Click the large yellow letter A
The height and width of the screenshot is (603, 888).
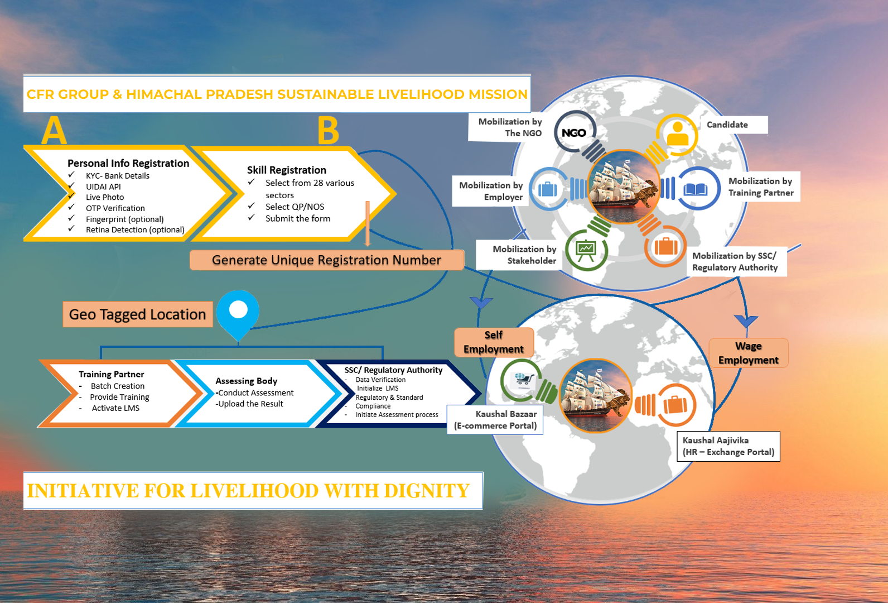(54, 131)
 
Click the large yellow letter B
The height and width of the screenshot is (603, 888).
(328, 131)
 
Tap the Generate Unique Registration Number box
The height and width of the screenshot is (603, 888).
(326, 260)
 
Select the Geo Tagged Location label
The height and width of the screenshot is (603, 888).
(137, 314)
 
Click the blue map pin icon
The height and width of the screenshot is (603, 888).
(238, 313)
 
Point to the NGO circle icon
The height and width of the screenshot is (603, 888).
(574, 133)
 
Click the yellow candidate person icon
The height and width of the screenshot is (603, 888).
(678, 134)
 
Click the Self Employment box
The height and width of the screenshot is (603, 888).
(494, 342)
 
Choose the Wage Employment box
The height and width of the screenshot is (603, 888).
(748, 353)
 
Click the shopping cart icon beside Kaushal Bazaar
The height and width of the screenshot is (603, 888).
(522, 380)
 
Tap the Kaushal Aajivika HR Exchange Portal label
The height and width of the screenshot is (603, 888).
(728, 446)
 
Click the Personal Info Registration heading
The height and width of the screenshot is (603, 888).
(128, 163)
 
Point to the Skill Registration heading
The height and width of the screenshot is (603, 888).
(287, 170)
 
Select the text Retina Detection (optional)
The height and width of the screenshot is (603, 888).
(135, 229)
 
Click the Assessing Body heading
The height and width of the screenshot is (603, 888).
(246, 381)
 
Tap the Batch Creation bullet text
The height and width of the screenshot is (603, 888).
(118, 386)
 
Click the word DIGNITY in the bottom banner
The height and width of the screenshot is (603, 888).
(427, 491)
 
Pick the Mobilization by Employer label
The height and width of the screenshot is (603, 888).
(491, 191)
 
